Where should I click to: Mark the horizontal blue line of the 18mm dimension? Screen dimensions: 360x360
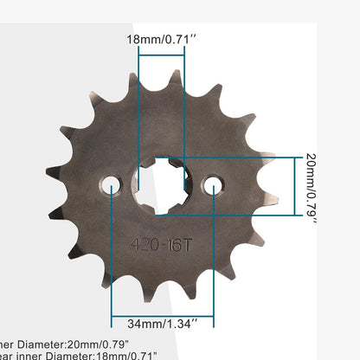tap(161, 54)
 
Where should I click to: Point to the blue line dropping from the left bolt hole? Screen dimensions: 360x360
tap(112, 260)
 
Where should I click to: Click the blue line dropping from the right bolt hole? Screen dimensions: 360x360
tap(213, 260)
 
